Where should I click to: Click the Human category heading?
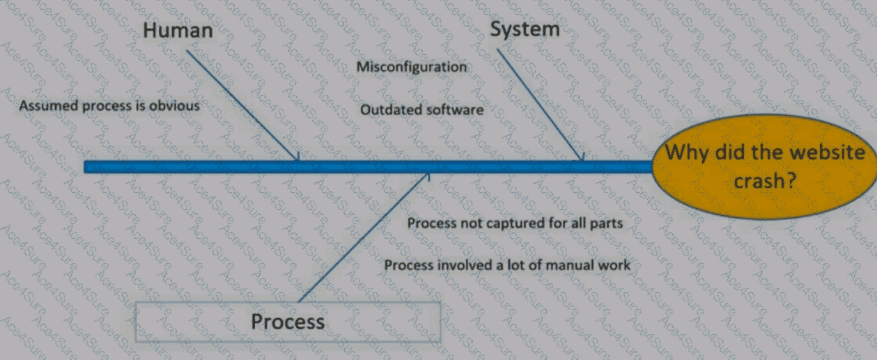tap(178, 31)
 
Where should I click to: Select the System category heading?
tap(525, 29)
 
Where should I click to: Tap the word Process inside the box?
tap(288, 322)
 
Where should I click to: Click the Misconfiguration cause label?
tap(412, 67)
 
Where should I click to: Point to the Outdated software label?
tap(421, 110)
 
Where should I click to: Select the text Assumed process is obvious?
tap(109, 106)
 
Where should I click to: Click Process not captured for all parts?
tap(515, 223)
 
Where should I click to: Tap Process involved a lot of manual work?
tap(507, 265)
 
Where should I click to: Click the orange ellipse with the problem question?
tap(764, 166)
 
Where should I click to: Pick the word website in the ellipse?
tap(828, 152)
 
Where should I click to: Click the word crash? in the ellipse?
tap(765, 181)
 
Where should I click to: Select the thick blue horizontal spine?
tap(368, 166)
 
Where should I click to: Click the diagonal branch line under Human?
tap(242, 105)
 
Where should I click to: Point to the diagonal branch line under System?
tap(540, 104)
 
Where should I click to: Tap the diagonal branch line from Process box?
tap(364, 237)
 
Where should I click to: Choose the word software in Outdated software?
tap(455, 110)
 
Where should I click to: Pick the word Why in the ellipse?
tap(687, 152)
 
